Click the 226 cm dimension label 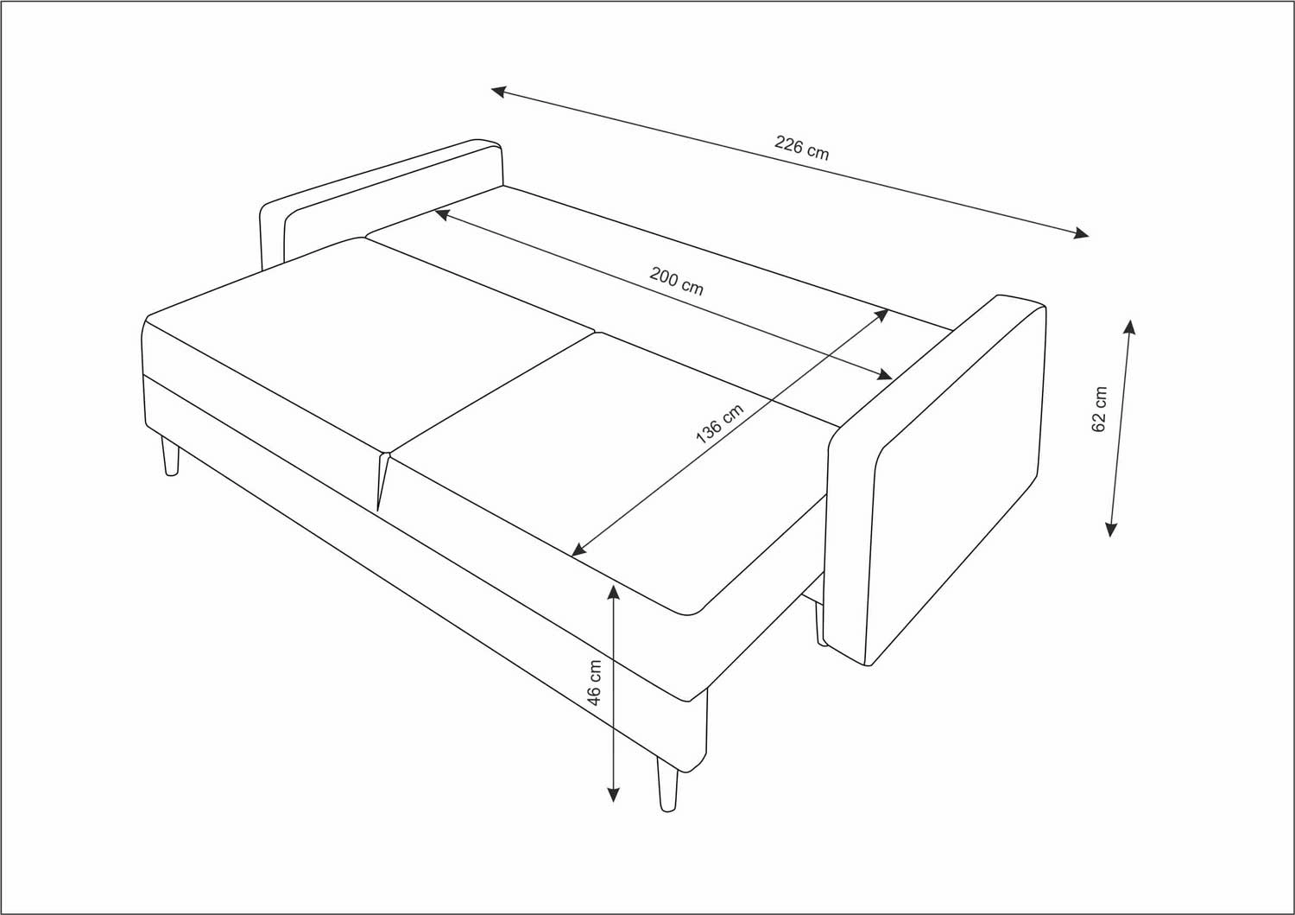(x=802, y=148)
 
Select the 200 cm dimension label (x=676, y=282)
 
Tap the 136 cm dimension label (x=719, y=423)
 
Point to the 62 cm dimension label (x=1099, y=410)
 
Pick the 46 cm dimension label (x=594, y=683)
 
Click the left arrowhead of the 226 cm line (x=498, y=91)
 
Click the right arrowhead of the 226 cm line (x=1081, y=233)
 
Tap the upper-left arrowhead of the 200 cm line (x=442, y=215)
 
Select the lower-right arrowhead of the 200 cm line (x=885, y=375)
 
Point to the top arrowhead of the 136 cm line (x=881, y=315)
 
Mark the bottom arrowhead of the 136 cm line (x=578, y=550)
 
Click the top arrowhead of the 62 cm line (x=1129, y=327)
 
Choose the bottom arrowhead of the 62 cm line (x=1110, y=529)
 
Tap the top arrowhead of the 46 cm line (x=613, y=592)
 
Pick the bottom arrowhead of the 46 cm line (x=613, y=795)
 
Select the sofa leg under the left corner (x=170, y=457)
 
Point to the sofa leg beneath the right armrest (x=820, y=625)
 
